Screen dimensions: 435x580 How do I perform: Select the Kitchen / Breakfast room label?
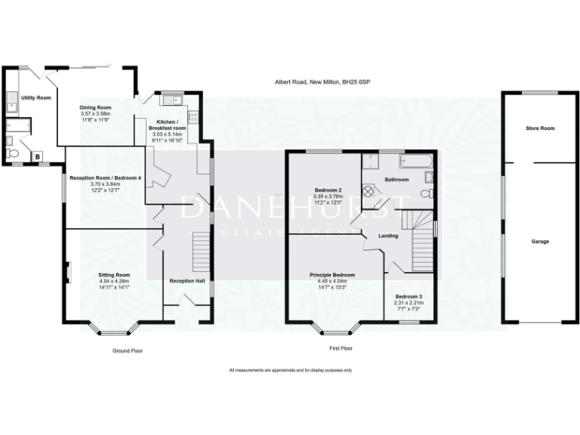click(x=168, y=125)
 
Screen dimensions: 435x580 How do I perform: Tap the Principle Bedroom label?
click(x=332, y=275)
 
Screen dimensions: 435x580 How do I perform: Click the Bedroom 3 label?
click(x=408, y=296)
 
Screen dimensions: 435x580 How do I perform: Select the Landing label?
click(x=388, y=236)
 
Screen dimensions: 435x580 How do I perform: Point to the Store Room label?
click(x=540, y=128)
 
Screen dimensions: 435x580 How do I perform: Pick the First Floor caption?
click(x=340, y=349)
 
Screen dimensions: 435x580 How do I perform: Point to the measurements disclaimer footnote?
click(x=290, y=370)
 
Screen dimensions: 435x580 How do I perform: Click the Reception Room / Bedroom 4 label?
click(x=106, y=177)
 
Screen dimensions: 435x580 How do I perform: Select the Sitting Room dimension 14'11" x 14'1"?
click(x=114, y=286)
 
